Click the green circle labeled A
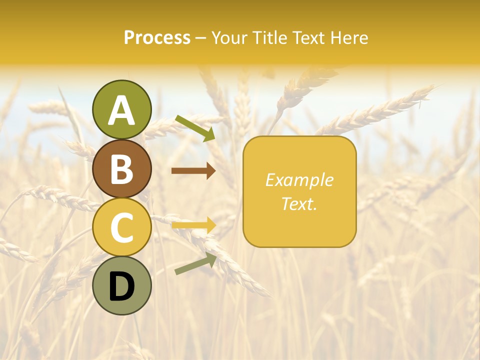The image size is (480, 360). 122,109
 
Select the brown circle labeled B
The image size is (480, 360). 122,168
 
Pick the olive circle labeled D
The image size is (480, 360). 122,286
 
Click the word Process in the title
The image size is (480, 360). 157,37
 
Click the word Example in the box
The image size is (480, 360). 299,180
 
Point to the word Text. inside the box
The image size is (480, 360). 299,203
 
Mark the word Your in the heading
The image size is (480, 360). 228,37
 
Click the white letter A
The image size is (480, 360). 122,110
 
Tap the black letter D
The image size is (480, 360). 122,286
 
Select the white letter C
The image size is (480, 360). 122,228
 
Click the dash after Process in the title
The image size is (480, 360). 200,38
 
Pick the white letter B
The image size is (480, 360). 122,169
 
